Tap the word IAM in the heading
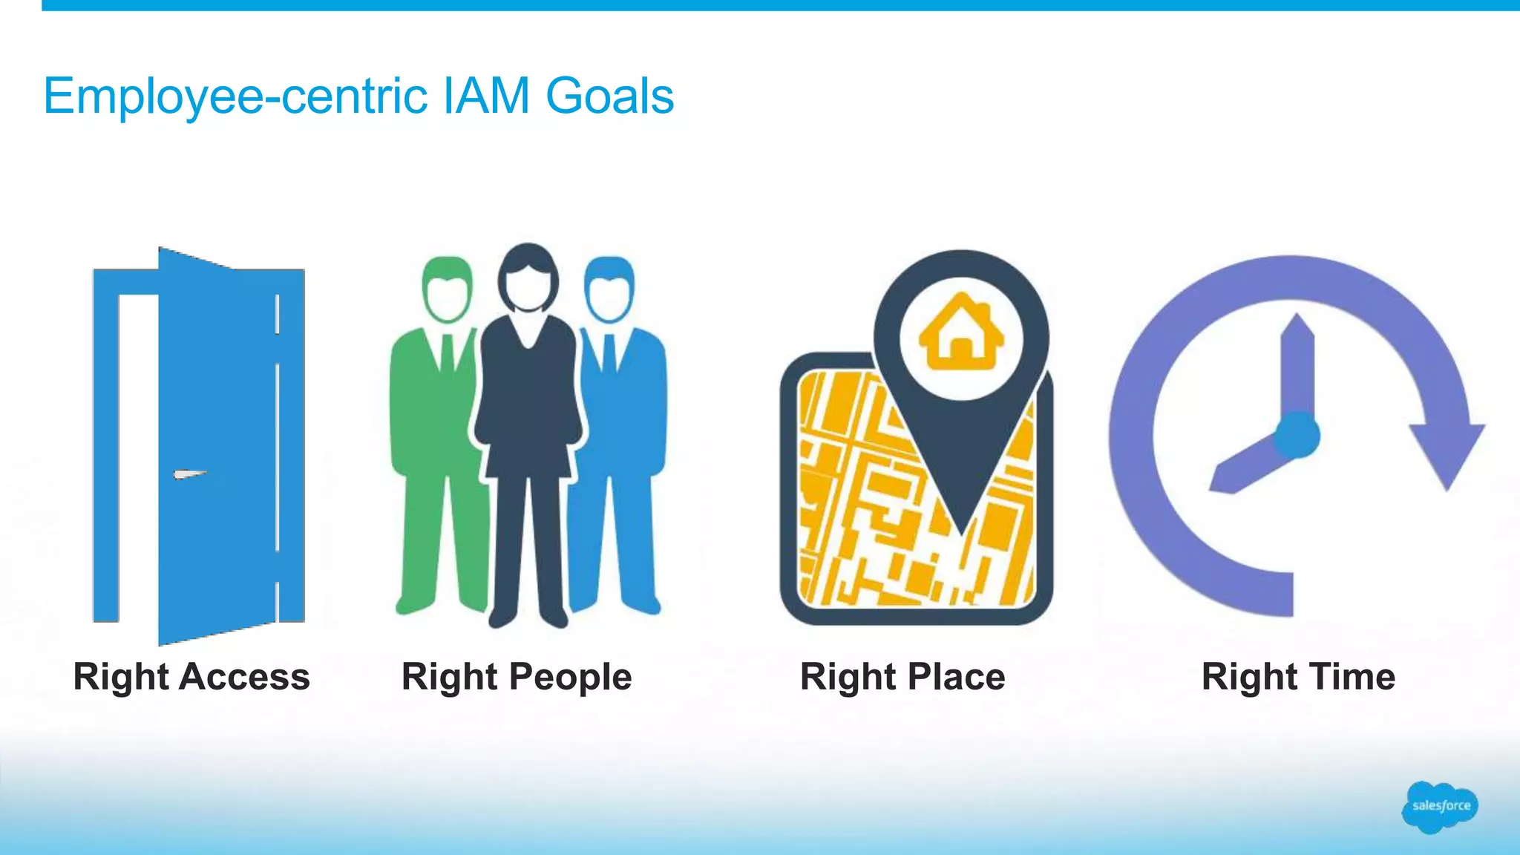click(486, 96)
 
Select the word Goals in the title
click(609, 96)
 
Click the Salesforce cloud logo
click(1440, 806)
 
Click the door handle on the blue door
click(189, 474)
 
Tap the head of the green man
click(447, 289)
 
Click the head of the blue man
click(609, 289)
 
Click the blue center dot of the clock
click(1297, 436)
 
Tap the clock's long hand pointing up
click(1298, 364)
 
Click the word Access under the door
click(244, 677)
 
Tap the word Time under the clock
click(1352, 677)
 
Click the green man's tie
click(448, 353)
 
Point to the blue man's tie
click(609, 353)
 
